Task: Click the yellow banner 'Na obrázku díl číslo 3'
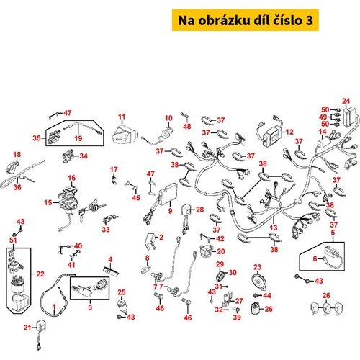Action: tap(246, 20)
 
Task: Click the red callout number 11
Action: tap(122, 117)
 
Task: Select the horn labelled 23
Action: tap(258, 282)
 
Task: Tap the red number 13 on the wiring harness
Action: tap(274, 228)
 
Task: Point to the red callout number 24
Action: tap(346, 101)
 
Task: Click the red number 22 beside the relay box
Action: tap(40, 274)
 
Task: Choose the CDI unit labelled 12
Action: tap(272, 138)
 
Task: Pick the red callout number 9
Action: tap(170, 211)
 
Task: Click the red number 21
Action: tap(27, 328)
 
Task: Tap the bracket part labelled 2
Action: tap(150, 241)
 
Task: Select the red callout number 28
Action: tap(199, 210)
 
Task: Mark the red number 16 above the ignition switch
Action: tap(71, 178)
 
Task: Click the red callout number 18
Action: tap(17, 155)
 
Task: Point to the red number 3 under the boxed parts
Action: tap(90, 307)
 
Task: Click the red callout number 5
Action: tap(333, 233)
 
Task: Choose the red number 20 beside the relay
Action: tap(221, 251)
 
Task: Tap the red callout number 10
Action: tap(168, 118)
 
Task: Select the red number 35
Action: tap(37, 138)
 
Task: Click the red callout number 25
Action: tap(122, 292)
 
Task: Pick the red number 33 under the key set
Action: tap(106, 230)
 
